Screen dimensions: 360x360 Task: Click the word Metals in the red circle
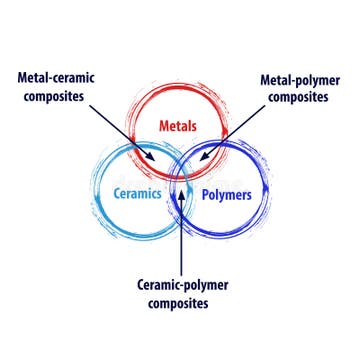(180, 127)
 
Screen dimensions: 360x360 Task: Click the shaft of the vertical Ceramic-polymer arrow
(181, 230)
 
